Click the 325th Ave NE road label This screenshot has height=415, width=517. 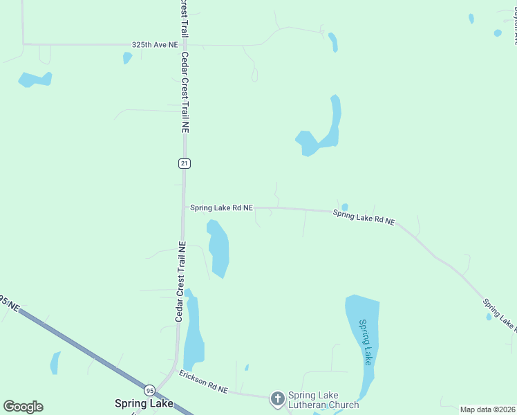click(x=155, y=45)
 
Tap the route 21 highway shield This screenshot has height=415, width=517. click(x=184, y=163)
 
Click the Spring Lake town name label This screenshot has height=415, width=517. click(x=144, y=403)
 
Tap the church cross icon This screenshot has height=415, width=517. click(x=277, y=398)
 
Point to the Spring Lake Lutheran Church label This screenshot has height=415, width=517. click(x=323, y=400)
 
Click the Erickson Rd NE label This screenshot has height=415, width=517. click(x=203, y=382)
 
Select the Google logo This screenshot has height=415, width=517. click(x=23, y=407)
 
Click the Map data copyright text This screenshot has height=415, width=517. click(x=488, y=409)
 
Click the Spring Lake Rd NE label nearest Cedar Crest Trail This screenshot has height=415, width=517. click(x=221, y=207)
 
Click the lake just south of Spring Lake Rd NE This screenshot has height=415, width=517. click(x=218, y=248)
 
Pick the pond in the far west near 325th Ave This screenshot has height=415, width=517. click(x=35, y=80)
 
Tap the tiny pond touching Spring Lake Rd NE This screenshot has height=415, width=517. click(x=344, y=207)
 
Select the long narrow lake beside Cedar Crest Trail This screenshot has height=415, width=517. click(x=193, y=332)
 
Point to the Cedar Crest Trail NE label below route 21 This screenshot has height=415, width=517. click(x=180, y=282)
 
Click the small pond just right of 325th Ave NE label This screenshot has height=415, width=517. click(x=127, y=57)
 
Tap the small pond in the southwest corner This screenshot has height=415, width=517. click(x=55, y=363)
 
